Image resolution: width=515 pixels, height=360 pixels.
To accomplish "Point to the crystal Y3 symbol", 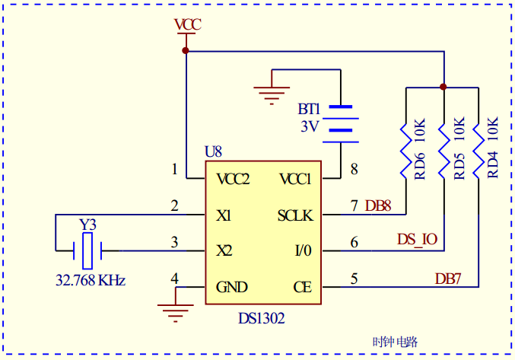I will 88,248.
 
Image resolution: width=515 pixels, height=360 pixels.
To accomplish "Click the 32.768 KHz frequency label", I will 90,280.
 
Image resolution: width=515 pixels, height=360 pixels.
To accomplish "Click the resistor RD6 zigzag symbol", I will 407,149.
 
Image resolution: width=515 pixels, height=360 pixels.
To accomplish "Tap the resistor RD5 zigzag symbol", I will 443,149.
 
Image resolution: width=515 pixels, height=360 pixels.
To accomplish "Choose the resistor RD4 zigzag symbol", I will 478,149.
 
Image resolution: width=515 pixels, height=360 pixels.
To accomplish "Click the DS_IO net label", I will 417,239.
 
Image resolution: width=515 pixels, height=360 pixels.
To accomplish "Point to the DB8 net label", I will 378,205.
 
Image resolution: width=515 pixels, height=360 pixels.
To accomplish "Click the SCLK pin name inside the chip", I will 295,215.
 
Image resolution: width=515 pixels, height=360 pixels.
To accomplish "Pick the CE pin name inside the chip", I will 302,287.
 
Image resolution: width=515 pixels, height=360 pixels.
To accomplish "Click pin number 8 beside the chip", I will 353,168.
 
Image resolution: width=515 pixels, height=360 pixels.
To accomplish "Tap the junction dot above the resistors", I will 443,87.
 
